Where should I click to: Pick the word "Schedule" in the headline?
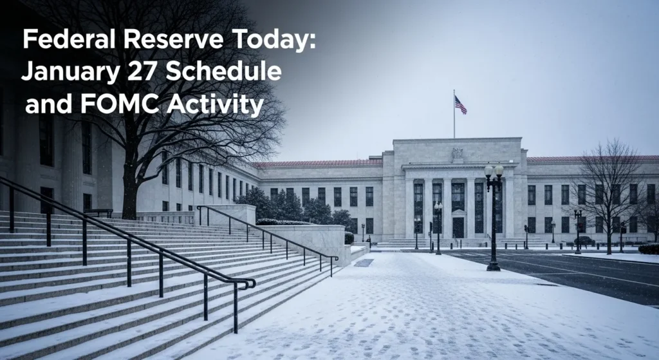(x=224, y=71)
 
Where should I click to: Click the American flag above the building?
(x=460, y=104)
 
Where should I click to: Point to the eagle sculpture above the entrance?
(x=457, y=154)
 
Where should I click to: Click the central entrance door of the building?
(x=458, y=227)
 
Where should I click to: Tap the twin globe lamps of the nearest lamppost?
(x=494, y=171)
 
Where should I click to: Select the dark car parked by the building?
(x=584, y=241)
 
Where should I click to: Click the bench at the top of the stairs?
(x=98, y=212)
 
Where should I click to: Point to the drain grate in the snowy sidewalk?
(x=363, y=263)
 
